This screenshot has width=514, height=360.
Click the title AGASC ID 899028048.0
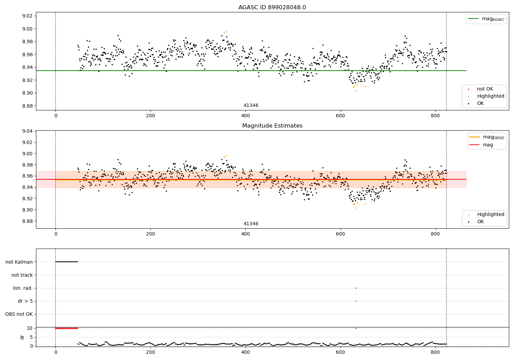272,7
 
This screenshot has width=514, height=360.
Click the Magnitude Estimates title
272,125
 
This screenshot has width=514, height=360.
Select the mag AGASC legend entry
487,19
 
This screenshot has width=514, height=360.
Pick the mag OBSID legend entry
487,137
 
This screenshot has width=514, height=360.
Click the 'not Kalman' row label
19,262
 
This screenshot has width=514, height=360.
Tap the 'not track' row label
22,275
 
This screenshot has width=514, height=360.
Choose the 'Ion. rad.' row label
23,288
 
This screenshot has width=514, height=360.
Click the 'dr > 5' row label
25,301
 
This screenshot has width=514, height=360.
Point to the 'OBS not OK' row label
19,314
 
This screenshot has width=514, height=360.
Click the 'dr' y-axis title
22,337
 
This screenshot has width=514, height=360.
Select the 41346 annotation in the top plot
251,105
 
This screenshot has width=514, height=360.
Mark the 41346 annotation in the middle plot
251,224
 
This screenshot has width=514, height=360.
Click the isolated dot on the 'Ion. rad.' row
356,288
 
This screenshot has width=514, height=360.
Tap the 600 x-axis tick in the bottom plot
340,352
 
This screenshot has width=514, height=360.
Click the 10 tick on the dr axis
30,328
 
